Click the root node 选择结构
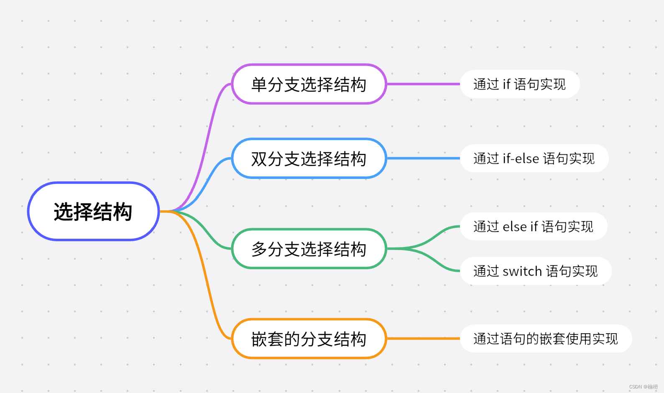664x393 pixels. (93, 212)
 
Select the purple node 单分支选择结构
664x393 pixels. (309, 84)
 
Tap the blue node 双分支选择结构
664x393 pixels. (309, 158)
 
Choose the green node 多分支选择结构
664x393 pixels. (309, 249)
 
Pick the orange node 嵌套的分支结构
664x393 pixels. (309, 339)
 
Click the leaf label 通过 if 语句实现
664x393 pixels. (519, 84)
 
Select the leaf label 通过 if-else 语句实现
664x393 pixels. (534, 158)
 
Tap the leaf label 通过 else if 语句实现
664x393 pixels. (533, 227)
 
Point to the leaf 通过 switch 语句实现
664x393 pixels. (536, 271)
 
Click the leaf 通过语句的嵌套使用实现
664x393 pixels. (545, 339)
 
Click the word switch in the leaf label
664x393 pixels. (522, 271)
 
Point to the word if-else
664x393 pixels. (521, 158)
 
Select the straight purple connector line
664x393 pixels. (422, 84)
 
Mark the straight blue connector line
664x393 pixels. (422, 158)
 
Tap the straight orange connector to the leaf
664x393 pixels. (422, 339)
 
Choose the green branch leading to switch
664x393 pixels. (435, 263)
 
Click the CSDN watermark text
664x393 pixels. (643, 387)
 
